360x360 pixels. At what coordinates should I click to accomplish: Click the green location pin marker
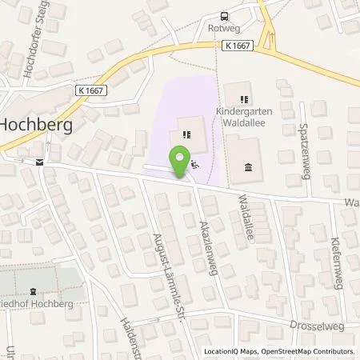182,160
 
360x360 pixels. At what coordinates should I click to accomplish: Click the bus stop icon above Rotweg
225,16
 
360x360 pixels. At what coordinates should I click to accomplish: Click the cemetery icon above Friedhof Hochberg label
33,294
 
